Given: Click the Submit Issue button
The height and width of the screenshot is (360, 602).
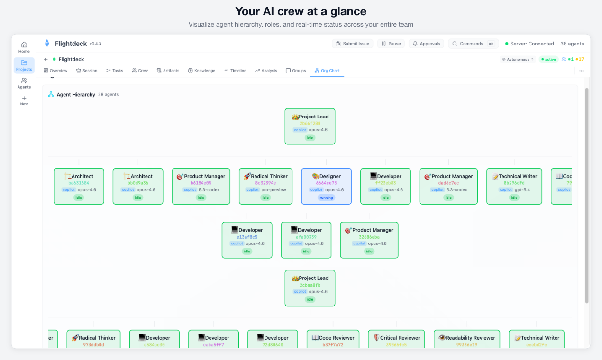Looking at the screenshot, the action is tap(353, 44).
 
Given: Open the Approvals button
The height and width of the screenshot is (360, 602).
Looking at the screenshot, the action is tap(426, 44).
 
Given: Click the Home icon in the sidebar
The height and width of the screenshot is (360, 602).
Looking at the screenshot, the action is tap(24, 47).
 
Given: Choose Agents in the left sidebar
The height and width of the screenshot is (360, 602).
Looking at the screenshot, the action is tap(24, 83).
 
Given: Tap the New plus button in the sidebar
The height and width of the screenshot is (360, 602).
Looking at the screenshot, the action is tap(24, 100).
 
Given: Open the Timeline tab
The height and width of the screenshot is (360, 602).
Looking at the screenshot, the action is tap(235, 71).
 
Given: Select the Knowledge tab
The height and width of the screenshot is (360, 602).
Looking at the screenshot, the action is tap(201, 71).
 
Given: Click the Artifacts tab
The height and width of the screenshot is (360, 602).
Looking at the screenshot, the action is tap(168, 71).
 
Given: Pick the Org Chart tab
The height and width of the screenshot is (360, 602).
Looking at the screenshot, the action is tap(327, 71).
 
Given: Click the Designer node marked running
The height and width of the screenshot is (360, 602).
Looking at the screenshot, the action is tap(326, 186).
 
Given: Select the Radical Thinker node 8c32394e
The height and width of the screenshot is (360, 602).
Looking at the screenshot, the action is tap(265, 186).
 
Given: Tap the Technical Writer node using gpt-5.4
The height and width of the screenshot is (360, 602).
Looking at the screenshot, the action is tap(514, 186).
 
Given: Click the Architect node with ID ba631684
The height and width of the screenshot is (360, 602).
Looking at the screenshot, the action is tap(79, 186).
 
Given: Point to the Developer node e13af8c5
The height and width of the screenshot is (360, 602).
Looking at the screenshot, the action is tap(247, 240).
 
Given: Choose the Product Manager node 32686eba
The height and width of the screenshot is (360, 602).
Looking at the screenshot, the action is tap(369, 240).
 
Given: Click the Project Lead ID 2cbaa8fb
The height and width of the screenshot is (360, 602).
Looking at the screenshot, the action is tap(310, 285).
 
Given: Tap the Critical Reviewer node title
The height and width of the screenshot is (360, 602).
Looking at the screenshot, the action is tap(400, 338).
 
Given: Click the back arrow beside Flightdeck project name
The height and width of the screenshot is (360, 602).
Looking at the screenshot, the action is tap(46, 59).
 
